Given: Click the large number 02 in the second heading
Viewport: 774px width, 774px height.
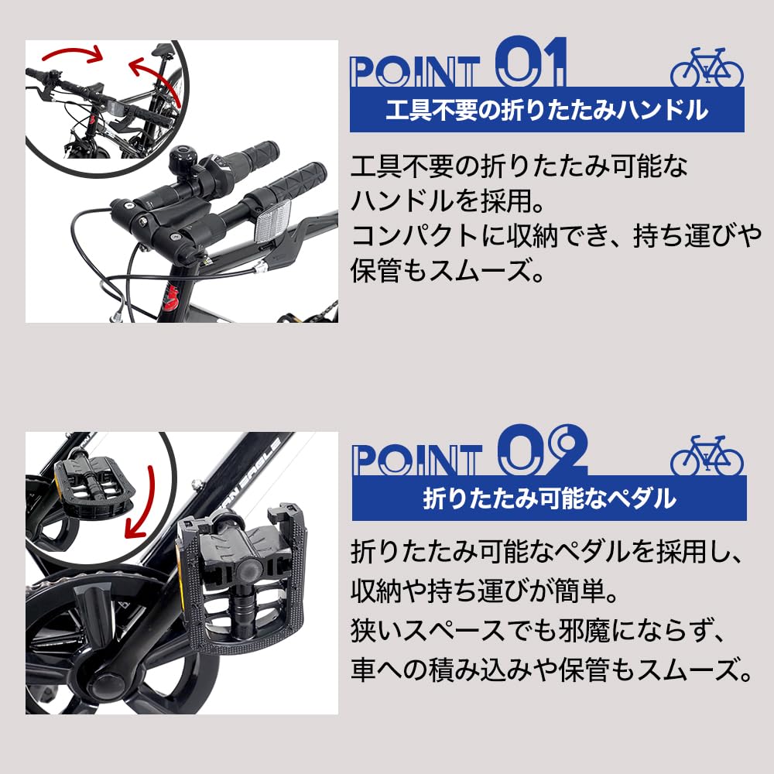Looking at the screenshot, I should click(x=541, y=450).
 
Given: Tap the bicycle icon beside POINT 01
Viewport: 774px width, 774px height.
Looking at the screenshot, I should click(x=706, y=69).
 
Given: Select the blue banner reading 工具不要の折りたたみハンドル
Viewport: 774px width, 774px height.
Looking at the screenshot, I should click(x=546, y=110).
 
